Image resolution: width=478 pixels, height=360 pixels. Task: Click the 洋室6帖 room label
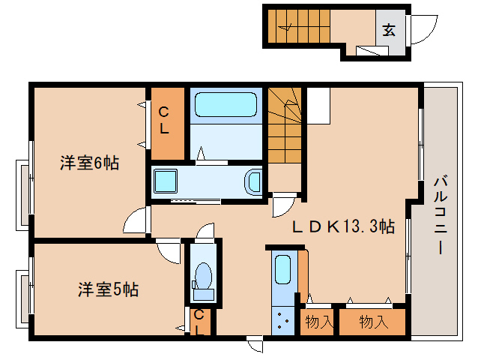[89, 163]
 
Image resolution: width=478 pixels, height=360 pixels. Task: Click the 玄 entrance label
[390, 31]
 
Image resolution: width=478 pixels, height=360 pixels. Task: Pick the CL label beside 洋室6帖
[164, 120]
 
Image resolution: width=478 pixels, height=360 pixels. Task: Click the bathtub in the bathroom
[226, 105]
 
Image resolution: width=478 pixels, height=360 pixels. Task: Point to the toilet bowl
[202, 276]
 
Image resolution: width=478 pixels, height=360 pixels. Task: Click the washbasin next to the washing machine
[253, 181]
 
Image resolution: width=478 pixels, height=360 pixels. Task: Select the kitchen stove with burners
[282, 322]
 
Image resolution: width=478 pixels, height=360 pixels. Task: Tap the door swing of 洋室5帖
[169, 249]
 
